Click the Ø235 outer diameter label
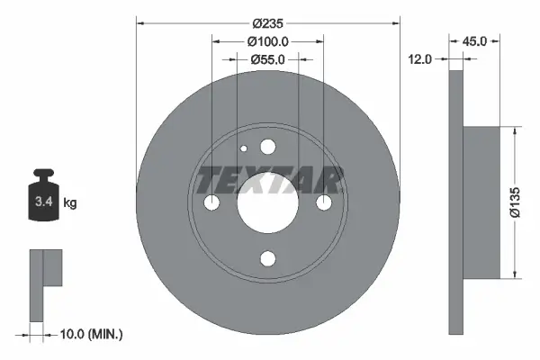[266, 22]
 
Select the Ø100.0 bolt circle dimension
[266, 41]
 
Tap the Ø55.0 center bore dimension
[266, 60]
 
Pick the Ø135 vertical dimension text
[526, 202]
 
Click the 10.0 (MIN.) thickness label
[89, 334]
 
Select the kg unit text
[70, 203]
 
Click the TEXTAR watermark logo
[269, 180]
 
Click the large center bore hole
[267, 202]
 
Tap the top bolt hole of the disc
[267, 148]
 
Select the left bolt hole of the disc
[211, 203]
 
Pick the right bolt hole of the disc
[322, 203]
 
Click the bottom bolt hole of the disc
[267, 259]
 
